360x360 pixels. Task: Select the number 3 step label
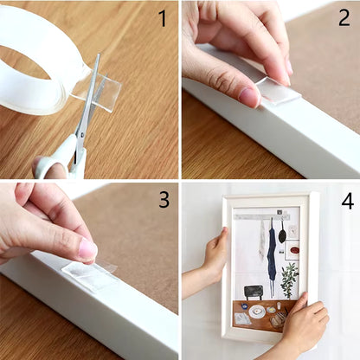163,200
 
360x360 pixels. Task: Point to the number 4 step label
347,201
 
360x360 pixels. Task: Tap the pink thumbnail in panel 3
87,250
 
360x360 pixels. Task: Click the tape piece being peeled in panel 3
89,274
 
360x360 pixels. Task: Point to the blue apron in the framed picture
272,256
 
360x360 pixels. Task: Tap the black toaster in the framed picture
253,291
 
